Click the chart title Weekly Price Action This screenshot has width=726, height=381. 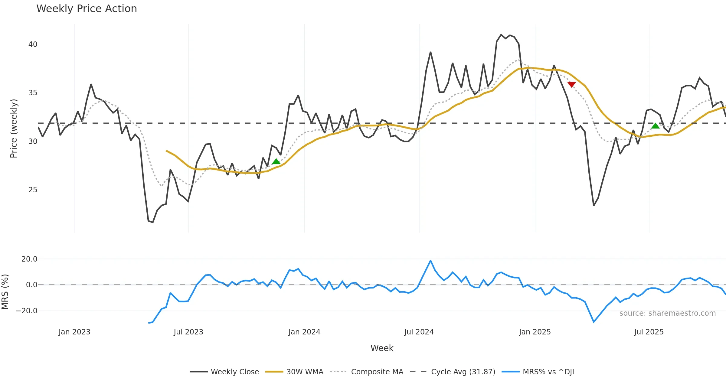87,9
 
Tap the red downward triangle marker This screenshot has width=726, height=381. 571,84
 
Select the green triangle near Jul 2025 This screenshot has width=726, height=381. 655,126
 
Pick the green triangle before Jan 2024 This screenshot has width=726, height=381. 276,161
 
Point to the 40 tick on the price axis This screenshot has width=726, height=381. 33,44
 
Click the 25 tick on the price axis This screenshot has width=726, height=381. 33,190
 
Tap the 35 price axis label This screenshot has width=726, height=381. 33,93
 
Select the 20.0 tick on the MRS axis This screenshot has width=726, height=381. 29,259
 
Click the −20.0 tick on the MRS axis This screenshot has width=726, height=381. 27,311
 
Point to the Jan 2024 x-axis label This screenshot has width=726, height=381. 304,332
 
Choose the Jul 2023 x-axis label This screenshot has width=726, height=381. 188,332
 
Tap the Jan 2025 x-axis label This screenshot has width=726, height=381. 535,332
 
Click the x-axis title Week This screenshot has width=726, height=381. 382,348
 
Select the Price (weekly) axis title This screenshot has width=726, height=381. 14,129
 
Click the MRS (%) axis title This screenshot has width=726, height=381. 5,291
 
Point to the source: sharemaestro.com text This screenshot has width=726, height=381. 667,313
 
